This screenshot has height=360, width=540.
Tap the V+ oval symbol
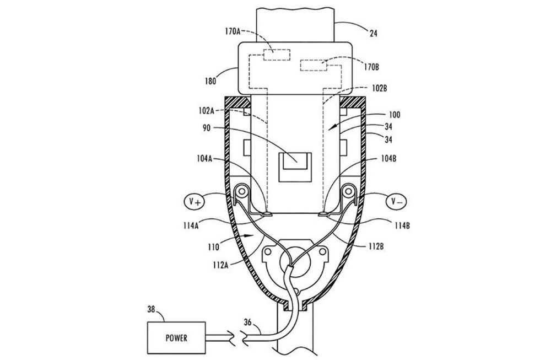(x=194, y=201)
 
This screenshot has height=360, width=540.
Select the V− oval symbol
(x=396, y=201)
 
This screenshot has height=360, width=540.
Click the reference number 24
(x=374, y=34)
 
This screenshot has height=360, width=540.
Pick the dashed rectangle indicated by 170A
(x=277, y=55)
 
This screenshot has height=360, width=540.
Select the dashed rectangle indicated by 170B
(x=314, y=65)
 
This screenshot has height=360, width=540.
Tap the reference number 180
(x=210, y=81)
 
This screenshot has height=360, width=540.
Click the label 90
(x=207, y=128)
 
